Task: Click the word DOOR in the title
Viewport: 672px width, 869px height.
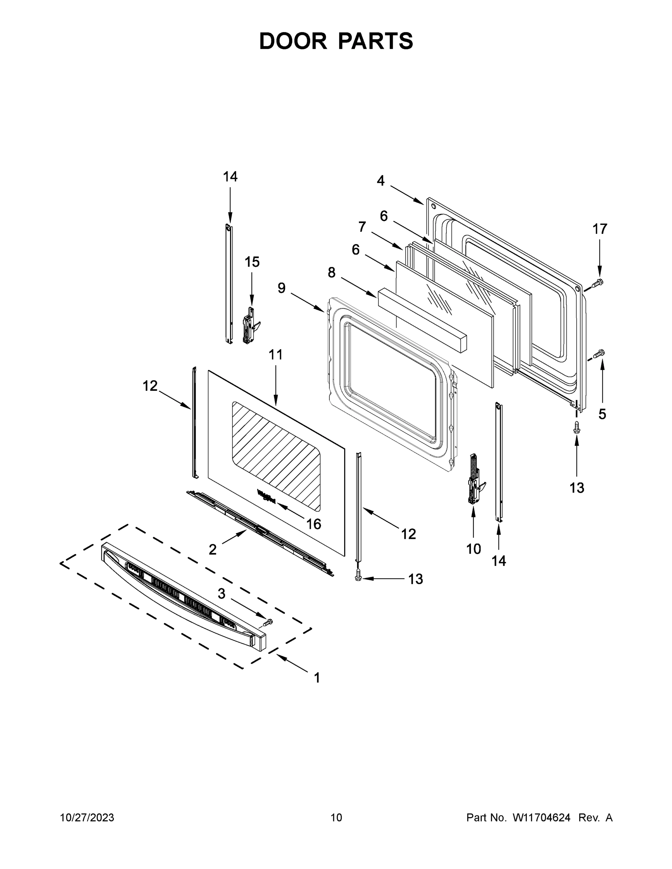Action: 293,41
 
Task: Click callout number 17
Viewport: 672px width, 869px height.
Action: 600,229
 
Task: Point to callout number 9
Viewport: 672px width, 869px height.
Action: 281,288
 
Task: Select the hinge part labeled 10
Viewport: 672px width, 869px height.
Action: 474,479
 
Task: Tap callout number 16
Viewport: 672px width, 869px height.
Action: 314,524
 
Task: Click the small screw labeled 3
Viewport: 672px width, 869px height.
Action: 269,621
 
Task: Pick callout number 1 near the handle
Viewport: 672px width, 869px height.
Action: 317,677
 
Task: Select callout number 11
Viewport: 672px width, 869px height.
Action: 275,354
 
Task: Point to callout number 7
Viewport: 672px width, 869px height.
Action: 362,227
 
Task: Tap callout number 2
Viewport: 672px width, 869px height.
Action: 213,550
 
